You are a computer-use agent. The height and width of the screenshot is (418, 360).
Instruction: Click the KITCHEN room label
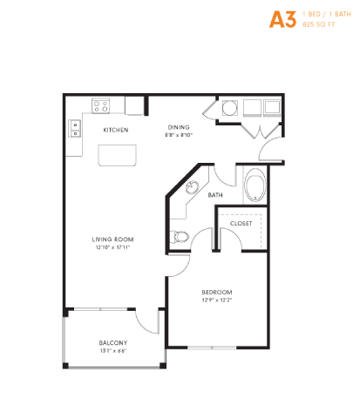tap(116, 130)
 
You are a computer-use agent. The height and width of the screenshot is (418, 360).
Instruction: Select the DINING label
tap(180, 125)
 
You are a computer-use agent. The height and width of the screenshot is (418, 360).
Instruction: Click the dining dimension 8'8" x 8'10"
tap(180, 134)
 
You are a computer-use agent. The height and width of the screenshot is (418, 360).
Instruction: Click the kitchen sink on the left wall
tap(74, 129)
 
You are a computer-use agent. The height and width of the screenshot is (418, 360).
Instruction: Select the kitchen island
tap(119, 155)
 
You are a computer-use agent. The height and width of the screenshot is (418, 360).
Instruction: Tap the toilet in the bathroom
tap(179, 236)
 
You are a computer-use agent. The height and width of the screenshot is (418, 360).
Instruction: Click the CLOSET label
tap(241, 224)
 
